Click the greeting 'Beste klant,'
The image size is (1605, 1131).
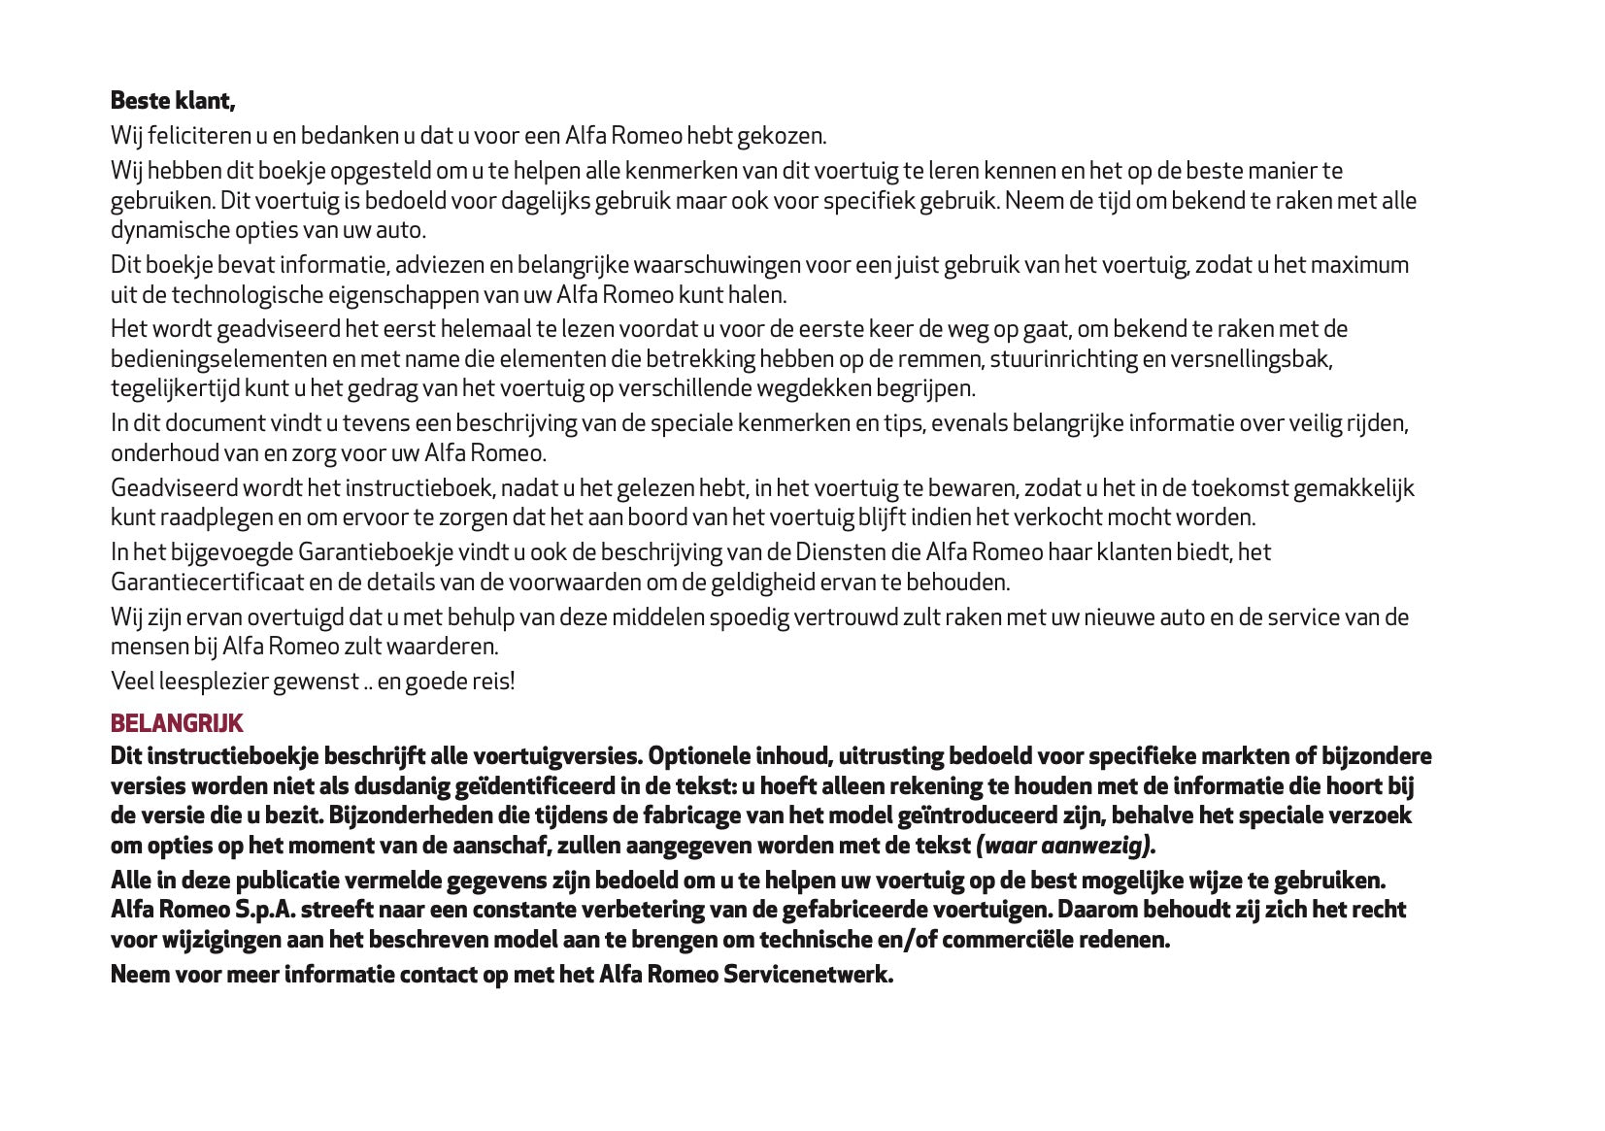coord(173,101)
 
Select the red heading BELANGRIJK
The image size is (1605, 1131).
coord(177,723)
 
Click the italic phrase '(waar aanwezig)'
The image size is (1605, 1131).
coord(1064,846)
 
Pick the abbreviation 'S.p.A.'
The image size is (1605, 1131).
coord(265,910)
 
